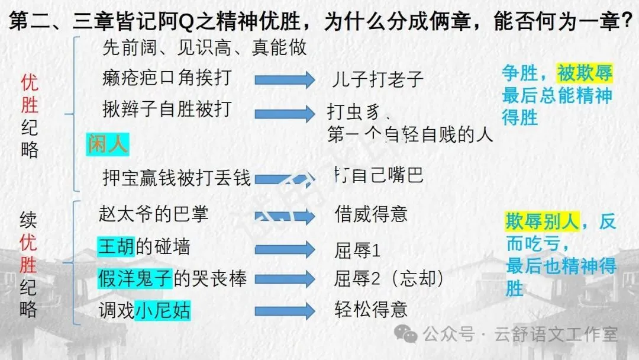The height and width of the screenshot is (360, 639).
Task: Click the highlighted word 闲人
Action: click(108, 144)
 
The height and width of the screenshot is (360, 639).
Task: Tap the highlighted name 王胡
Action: click(117, 246)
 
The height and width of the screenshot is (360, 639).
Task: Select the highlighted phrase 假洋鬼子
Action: click(135, 278)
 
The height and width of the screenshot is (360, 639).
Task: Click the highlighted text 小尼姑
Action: click(163, 310)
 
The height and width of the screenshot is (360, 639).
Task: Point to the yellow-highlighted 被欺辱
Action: click(585, 73)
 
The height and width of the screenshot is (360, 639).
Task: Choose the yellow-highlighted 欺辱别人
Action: click(542, 221)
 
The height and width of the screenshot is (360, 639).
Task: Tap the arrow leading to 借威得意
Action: click(285, 216)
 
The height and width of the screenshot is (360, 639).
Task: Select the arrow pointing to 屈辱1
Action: click(285, 248)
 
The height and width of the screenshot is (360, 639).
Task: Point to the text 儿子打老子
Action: click(375, 79)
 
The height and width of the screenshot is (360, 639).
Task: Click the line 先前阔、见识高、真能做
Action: click(205, 47)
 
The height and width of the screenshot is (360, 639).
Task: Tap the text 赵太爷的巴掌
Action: click(154, 214)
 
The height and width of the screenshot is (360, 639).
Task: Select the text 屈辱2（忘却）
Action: click(389, 278)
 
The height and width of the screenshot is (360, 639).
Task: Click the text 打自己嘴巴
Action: click(379, 175)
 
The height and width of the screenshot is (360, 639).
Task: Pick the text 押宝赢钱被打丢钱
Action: click(176, 177)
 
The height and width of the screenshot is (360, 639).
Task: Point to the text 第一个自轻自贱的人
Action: click(410, 136)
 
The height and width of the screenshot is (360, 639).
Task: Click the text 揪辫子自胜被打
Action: click(167, 109)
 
